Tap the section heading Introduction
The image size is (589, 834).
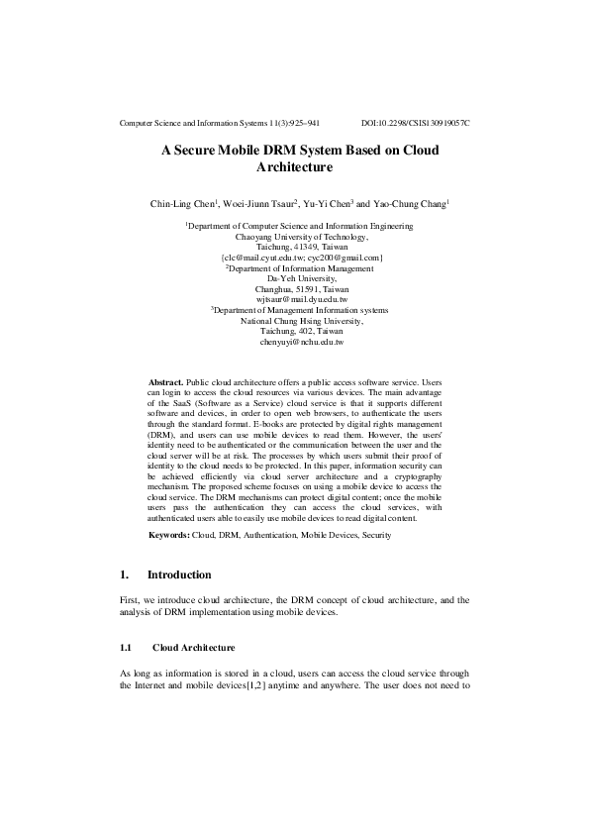(x=179, y=574)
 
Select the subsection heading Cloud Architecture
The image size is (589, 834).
(x=194, y=648)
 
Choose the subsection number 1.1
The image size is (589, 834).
(x=125, y=648)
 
